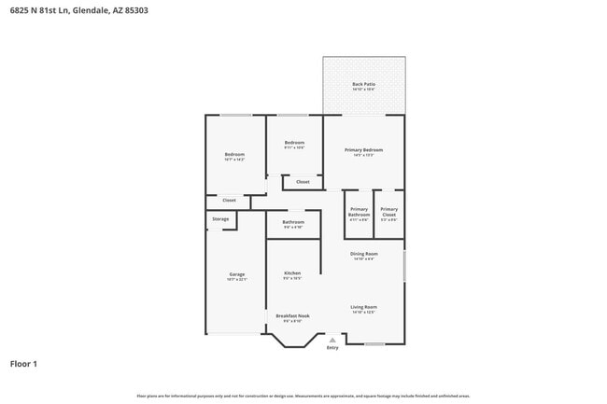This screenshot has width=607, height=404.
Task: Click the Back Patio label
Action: [x=363, y=84]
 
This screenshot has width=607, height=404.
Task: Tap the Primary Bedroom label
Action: [x=363, y=149]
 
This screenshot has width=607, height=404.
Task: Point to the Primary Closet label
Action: [x=389, y=212]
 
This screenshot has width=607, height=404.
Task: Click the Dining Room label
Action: [x=363, y=254]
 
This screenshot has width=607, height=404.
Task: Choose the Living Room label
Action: [x=363, y=307]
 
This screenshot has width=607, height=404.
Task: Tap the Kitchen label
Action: [x=292, y=273]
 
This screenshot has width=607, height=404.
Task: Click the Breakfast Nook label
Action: [x=292, y=315]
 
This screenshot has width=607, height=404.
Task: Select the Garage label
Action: [x=236, y=274]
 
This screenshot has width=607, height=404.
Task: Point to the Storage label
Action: [x=220, y=218]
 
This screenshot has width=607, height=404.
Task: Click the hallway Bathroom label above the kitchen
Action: [x=293, y=222]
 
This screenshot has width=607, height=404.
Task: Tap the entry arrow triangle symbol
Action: [x=332, y=340]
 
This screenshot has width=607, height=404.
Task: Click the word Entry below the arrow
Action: [x=332, y=348]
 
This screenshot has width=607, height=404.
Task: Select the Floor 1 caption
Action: [x=23, y=363]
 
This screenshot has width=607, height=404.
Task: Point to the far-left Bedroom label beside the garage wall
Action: [x=234, y=155]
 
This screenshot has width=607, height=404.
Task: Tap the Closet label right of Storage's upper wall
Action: [x=229, y=200]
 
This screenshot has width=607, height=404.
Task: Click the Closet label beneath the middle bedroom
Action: [x=303, y=181]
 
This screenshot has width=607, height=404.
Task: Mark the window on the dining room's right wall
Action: [x=404, y=262]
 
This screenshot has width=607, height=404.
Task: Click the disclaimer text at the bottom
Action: [x=303, y=397]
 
